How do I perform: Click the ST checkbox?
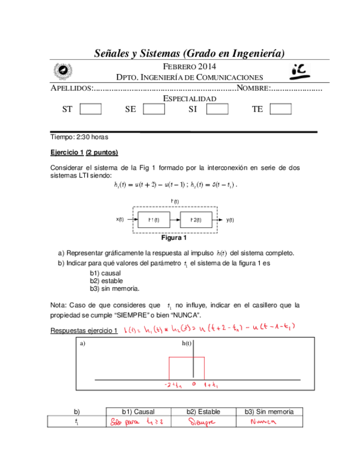[90, 109]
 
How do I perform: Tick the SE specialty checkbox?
[154, 109]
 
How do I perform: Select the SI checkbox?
[217, 109]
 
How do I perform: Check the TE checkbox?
[280, 109]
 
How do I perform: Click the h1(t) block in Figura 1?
[155, 220]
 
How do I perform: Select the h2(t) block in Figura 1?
[197, 220]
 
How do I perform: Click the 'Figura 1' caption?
[173, 239]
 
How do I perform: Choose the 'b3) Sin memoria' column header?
[269, 411]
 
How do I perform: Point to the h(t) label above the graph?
[187, 343]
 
